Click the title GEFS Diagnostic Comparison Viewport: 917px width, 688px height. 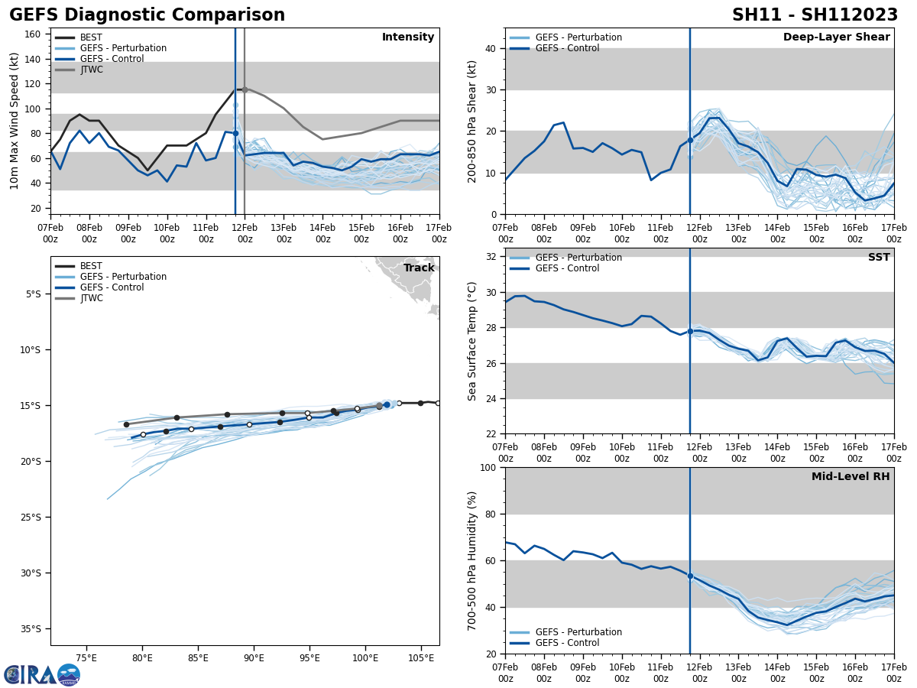147,15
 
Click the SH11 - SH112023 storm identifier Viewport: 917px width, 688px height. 815,15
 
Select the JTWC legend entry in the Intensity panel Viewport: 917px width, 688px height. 91,70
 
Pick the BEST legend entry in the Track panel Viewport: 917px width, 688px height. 91,266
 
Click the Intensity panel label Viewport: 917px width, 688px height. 408,37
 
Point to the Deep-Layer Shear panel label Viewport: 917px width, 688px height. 836,37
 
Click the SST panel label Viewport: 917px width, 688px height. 879,258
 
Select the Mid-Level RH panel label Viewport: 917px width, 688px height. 851,477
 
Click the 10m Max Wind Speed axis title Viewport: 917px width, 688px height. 15,121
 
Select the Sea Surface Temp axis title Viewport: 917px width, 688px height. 472,341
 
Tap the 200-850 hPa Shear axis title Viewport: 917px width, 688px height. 472,121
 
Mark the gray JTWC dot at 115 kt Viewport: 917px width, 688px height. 245,89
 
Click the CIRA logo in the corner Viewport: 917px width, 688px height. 42,674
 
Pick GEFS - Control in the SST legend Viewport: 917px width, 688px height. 567,268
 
